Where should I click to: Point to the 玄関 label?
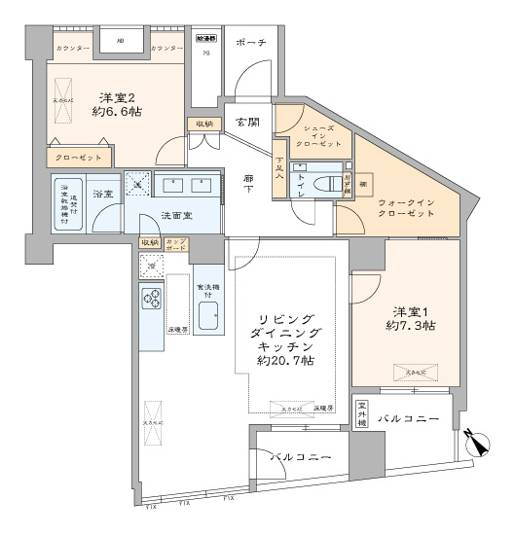(x=247, y=123)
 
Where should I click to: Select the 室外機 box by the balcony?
(x=361, y=414)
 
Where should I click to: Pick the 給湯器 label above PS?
(x=205, y=39)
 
